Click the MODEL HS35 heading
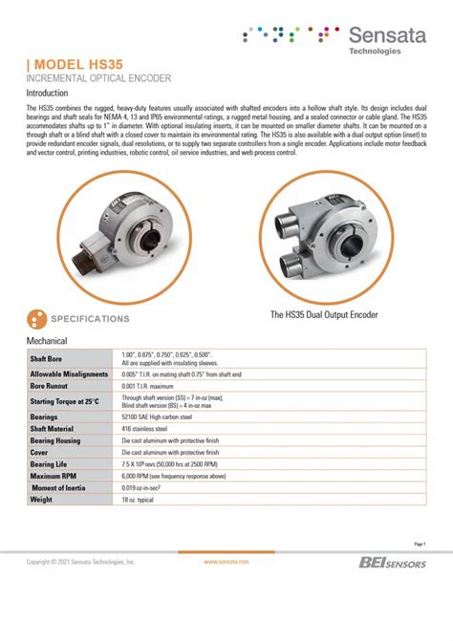point(69,62)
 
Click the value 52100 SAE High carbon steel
point(157,417)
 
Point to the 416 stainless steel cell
point(146,430)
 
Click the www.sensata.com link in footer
point(226,563)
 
